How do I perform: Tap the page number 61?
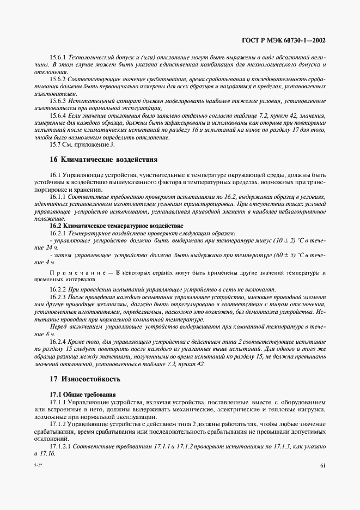click(322, 465)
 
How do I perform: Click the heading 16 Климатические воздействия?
click(103, 160)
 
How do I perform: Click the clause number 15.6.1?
click(58, 57)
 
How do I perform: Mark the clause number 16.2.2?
click(58, 290)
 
